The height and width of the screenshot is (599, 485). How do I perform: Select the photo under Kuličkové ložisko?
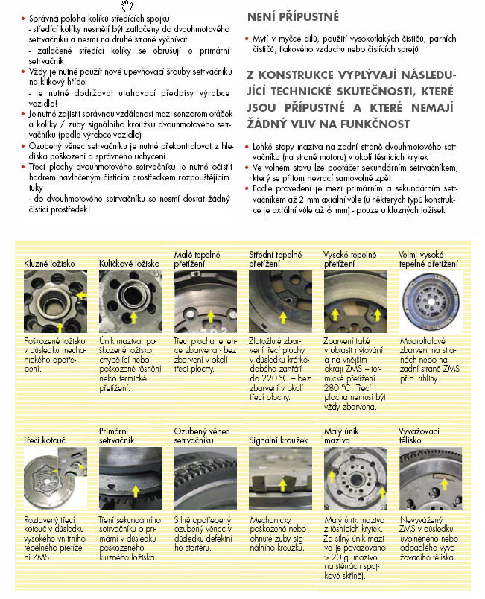point(130,302)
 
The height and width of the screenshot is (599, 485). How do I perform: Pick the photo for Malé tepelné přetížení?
point(206,302)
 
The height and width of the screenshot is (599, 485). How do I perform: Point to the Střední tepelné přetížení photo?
point(280,302)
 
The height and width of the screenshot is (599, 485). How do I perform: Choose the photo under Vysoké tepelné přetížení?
point(355,302)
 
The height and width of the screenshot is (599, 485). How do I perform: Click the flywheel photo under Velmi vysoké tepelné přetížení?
point(430,302)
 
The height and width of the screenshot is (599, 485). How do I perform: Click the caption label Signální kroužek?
point(278,441)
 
